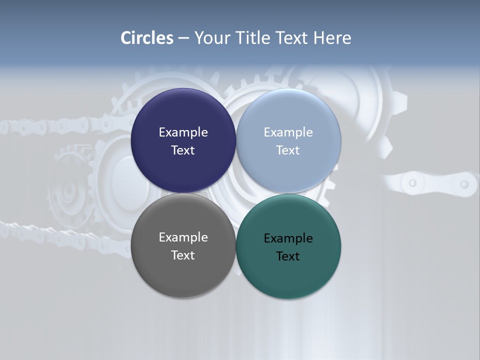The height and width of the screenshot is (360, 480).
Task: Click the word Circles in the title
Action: click(x=147, y=38)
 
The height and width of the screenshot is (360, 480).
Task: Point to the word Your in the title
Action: click(x=212, y=38)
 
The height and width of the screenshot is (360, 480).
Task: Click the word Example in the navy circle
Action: click(x=183, y=132)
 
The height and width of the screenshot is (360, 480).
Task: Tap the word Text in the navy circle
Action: click(x=183, y=150)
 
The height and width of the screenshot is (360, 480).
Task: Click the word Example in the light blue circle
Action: click(x=288, y=132)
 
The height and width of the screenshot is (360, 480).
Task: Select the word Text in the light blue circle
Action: click(x=288, y=150)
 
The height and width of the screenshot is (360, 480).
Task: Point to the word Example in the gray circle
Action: click(x=183, y=237)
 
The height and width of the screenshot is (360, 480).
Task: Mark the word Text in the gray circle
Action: click(x=183, y=255)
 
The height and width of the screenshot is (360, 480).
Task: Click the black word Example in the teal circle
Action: click(x=288, y=238)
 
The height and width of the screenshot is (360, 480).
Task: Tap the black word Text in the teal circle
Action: click(x=288, y=256)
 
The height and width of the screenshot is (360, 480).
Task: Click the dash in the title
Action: click(x=183, y=38)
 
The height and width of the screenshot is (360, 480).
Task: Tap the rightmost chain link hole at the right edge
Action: click(x=464, y=184)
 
